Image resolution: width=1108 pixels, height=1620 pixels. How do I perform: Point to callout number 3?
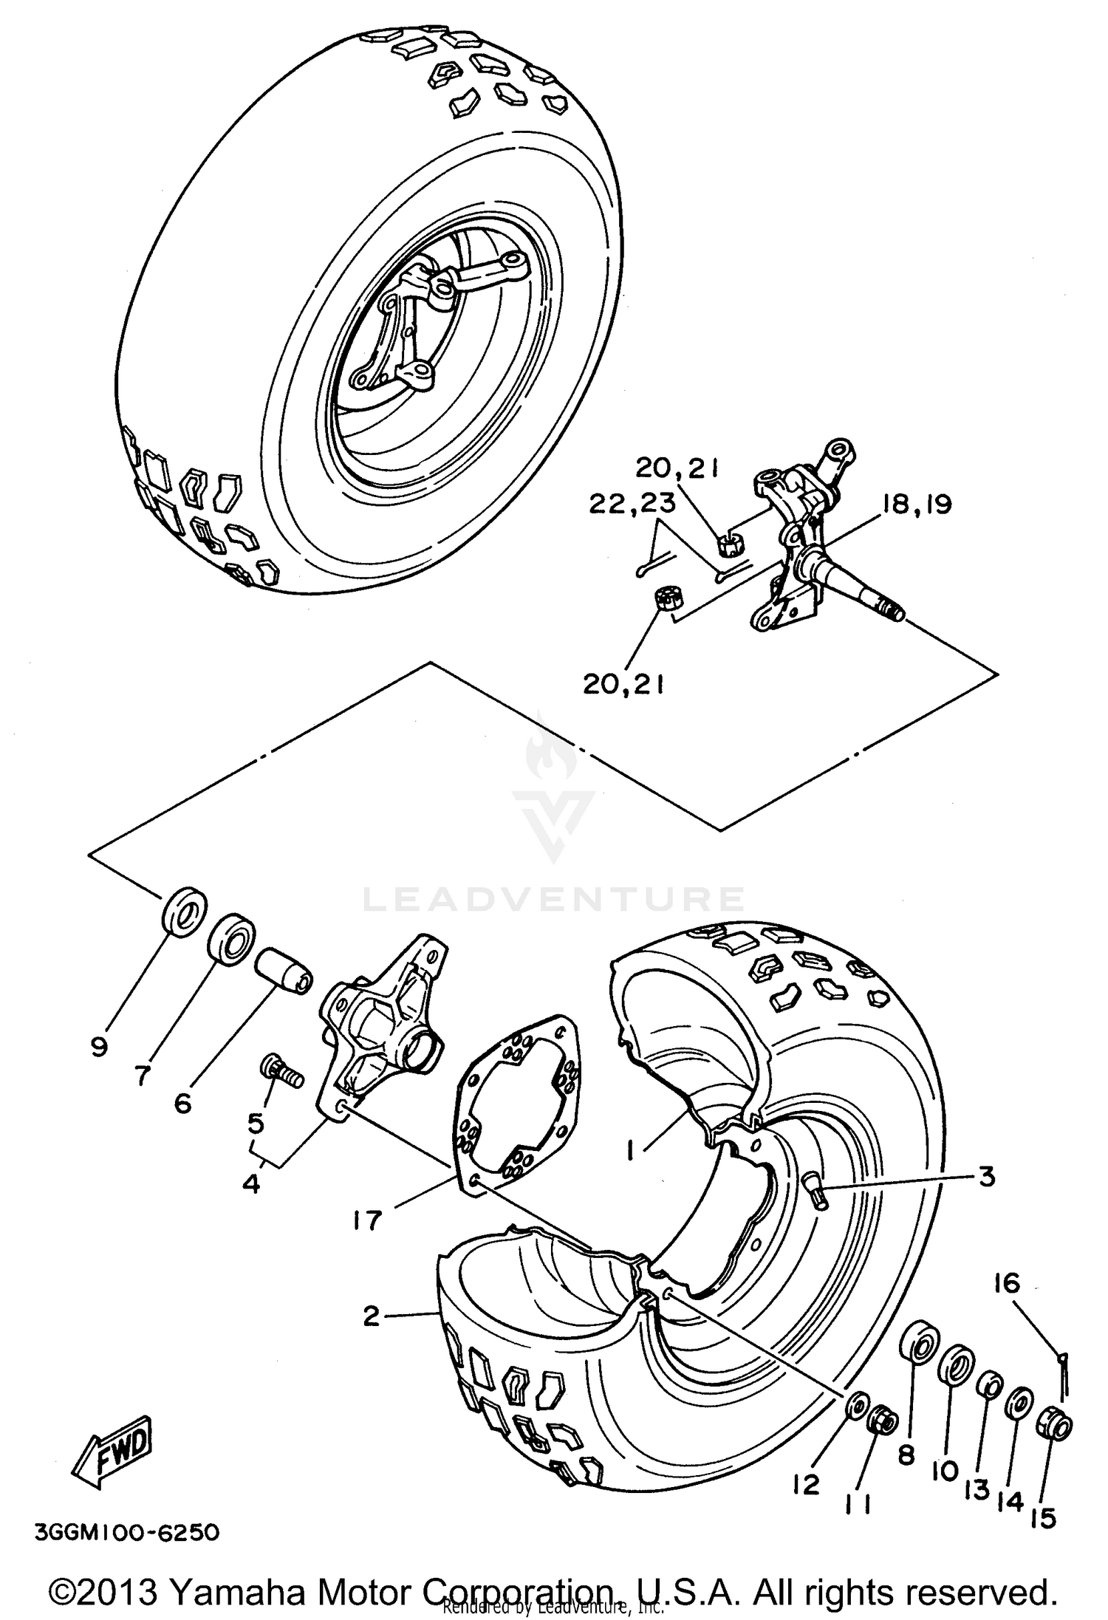(987, 1176)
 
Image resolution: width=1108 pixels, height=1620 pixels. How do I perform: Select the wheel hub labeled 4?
(384, 1027)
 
